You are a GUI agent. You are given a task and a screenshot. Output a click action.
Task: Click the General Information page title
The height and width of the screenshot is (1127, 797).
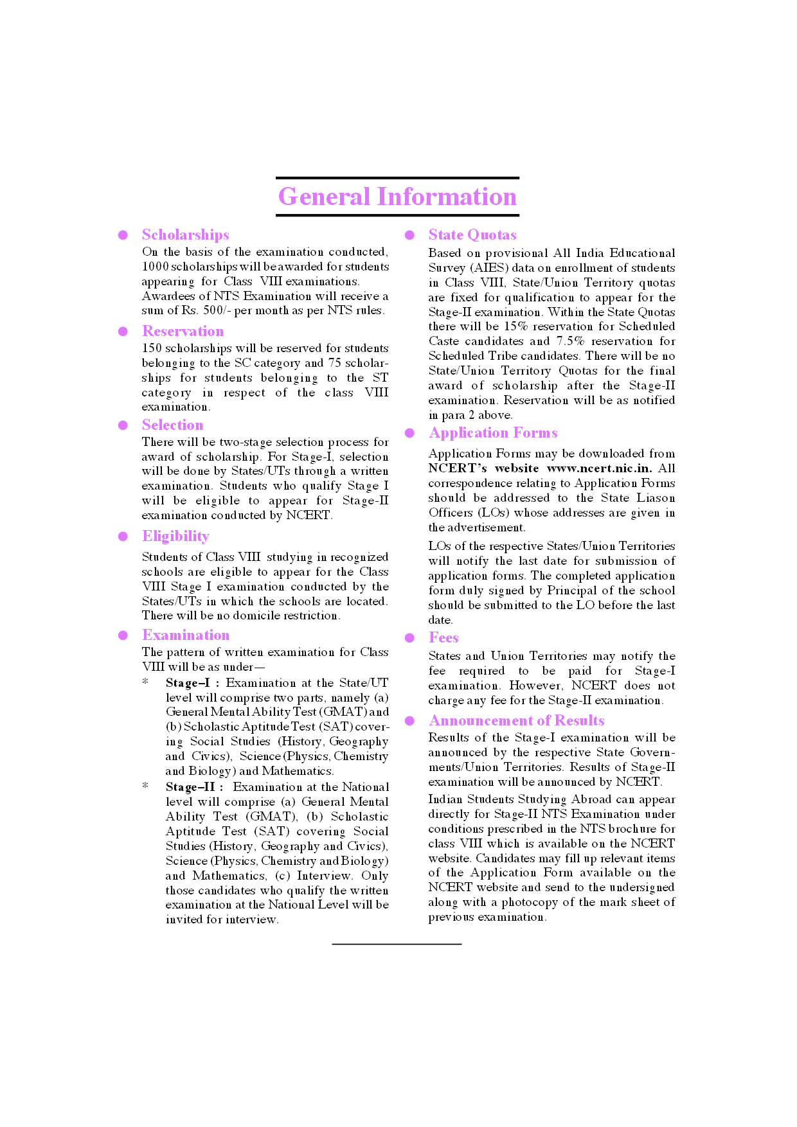click(x=397, y=197)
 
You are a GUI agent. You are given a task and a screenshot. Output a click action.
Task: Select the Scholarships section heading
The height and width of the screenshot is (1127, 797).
click(x=185, y=235)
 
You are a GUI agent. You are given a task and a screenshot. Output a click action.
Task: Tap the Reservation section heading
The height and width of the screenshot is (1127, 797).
click(x=183, y=331)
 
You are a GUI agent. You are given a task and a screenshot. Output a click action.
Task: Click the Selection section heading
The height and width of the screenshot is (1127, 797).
click(x=172, y=425)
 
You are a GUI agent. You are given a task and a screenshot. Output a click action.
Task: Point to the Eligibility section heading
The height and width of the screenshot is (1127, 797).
click(x=175, y=536)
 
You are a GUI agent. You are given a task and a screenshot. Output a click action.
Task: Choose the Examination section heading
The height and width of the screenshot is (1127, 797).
click(x=186, y=635)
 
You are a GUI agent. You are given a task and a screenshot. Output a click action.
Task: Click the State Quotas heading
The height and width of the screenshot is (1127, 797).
click(x=472, y=235)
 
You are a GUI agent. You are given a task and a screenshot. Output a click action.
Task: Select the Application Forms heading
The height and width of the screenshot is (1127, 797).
click(x=493, y=432)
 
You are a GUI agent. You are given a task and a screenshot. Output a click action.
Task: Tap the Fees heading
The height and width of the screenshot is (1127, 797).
click(x=443, y=637)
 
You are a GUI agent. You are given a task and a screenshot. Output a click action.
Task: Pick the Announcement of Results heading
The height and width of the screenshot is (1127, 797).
click(x=517, y=720)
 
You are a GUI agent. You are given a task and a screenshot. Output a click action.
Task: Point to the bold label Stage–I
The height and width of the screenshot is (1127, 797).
click(x=188, y=683)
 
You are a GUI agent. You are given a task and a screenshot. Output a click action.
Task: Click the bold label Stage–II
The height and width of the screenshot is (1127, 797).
click(x=190, y=787)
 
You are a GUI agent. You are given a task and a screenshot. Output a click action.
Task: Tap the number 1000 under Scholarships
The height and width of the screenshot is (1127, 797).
click(x=156, y=267)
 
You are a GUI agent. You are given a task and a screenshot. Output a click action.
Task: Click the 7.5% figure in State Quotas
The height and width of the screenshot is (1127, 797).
click(x=570, y=341)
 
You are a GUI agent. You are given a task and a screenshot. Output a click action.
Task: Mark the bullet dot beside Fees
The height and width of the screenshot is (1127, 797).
click(x=409, y=638)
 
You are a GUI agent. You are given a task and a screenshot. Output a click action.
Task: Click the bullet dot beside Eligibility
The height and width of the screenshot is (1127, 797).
click(x=123, y=537)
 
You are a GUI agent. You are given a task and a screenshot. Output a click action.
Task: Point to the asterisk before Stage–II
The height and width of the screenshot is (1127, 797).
click(x=145, y=786)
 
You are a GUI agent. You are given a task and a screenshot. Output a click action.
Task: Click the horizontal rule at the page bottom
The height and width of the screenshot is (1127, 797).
click(x=397, y=944)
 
